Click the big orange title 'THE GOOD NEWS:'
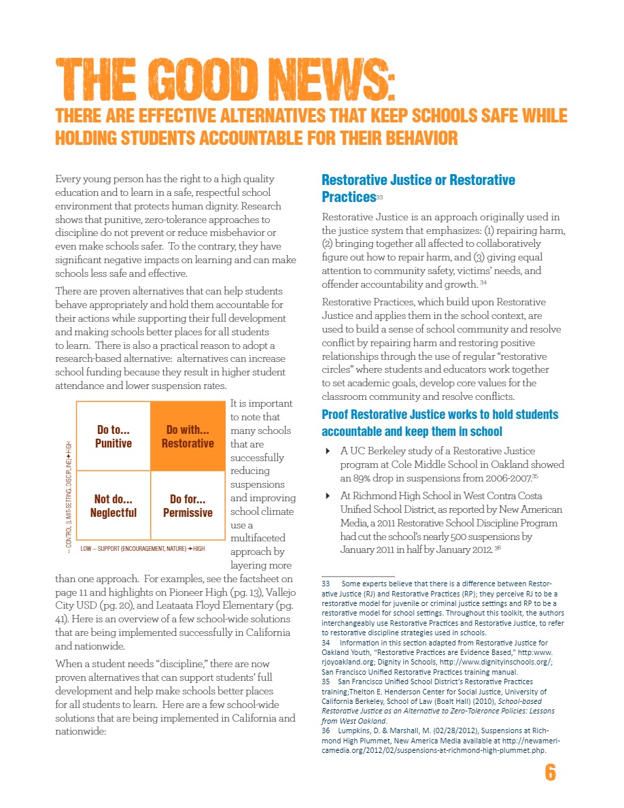(224, 80)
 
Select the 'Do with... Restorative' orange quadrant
(188, 436)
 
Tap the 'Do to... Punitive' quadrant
(114, 436)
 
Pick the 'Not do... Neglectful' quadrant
(114, 506)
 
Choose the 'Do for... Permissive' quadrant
(188, 506)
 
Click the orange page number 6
(550, 773)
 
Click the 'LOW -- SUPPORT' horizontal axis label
(142, 548)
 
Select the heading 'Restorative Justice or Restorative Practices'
(418, 188)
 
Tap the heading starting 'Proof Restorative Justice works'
(440, 422)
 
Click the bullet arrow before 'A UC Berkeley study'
(328, 451)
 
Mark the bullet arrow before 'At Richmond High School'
(328, 496)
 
